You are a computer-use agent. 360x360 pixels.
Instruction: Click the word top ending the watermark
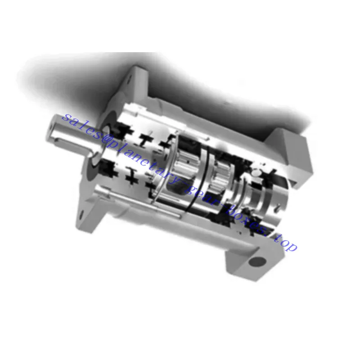click(286, 246)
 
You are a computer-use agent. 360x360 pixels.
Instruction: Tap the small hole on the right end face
click(280, 207)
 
